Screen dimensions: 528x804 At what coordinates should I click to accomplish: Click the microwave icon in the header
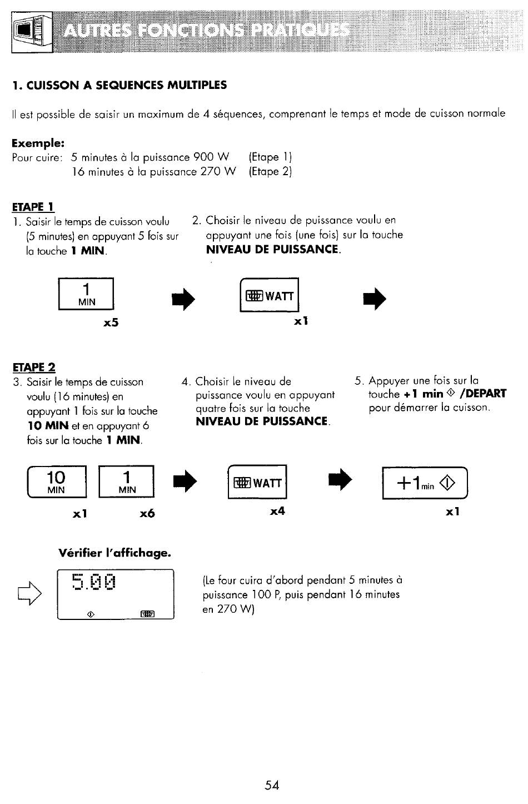pyautogui.click(x=32, y=32)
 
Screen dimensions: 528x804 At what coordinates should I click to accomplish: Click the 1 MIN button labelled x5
pyautogui.click(x=86, y=294)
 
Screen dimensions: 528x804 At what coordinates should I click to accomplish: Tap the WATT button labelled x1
pyautogui.click(x=270, y=295)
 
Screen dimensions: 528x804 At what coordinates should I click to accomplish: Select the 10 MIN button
pyautogui.click(x=57, y=482)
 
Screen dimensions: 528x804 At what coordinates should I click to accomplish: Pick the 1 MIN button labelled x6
pyautogui.click(x=126, y=482)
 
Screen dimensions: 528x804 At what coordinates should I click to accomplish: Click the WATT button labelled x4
pyautogui.click(x=257, y=482)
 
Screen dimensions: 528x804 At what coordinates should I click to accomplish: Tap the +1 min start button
pyautogui.click(x=425, y=483)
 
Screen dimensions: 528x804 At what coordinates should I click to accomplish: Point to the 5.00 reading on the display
pyautogui.click(x=93, y=582)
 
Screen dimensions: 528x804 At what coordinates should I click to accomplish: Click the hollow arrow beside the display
pyautogui.click(x=30, y=593)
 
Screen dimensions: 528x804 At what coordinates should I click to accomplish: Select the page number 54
pyautogui.click(x=272, y=785)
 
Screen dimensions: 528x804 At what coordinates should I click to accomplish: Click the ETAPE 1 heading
pyautogui.click(x=33, y=207)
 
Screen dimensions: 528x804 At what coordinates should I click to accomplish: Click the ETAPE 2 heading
pyautogui.click(x=34, y=367)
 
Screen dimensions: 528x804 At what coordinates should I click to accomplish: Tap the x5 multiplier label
pyautogui.click(x=111, y=322)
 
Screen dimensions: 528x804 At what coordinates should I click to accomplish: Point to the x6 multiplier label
pyautogui.click(x=147, y=513)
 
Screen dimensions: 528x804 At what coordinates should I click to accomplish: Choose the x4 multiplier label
pyautogui.click(x=277, y=511)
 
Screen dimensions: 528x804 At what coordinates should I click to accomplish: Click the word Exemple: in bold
pyautogui.click(x=38, y=143)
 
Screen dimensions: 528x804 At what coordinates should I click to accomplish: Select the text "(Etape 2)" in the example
pyautogui.click(x=270, y=172)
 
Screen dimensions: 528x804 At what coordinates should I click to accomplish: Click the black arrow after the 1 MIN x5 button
pyautogui.click(x=183, y=299)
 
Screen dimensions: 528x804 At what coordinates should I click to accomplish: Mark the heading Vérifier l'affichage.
pyautogui.click(x=114, y=552)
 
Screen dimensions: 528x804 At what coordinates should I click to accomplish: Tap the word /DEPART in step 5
pyautogui.click(x=483, y=394)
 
